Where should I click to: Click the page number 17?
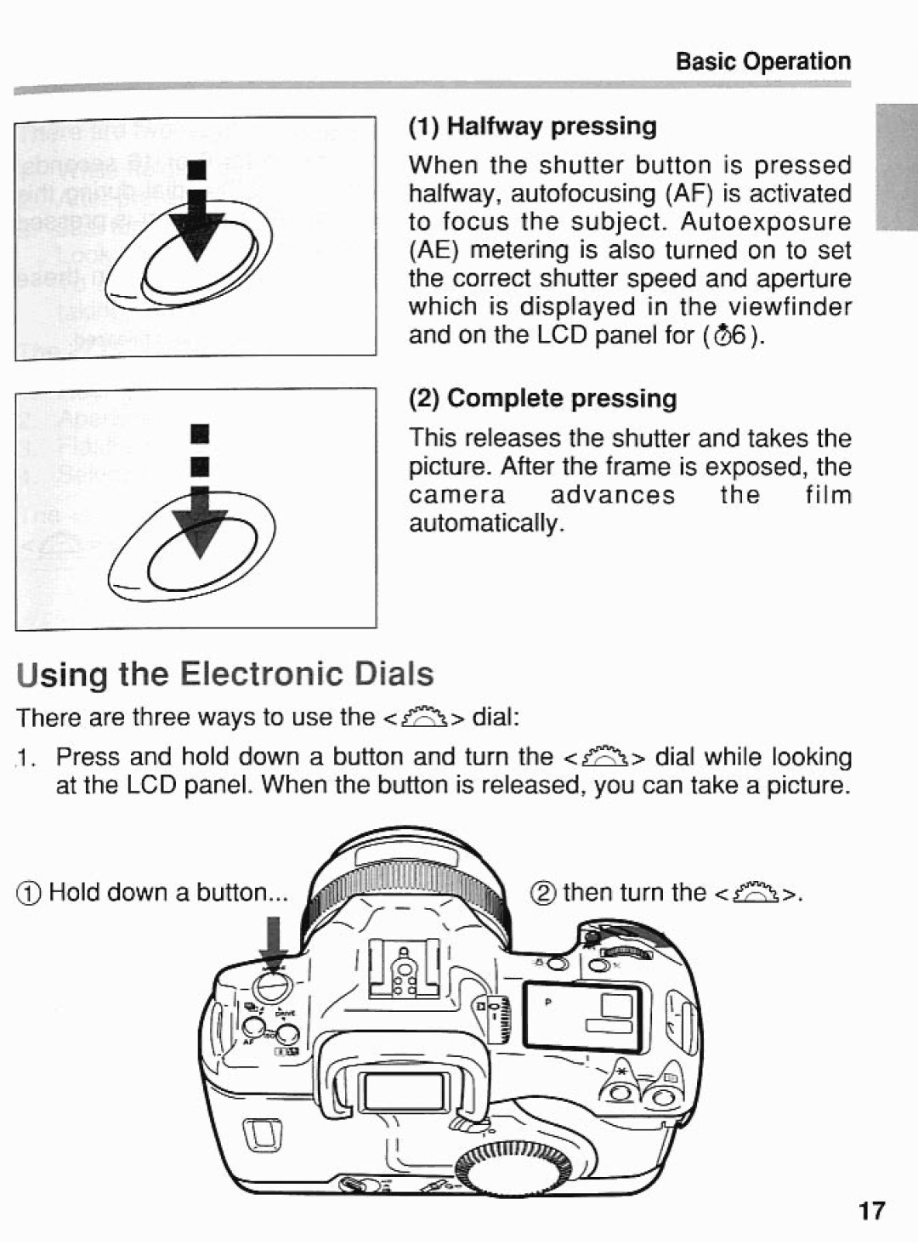(871, 1210)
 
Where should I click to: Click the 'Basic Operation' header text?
(762, 61)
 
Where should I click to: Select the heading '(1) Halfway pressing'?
(533, 127)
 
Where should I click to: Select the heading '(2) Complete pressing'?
(543, 399)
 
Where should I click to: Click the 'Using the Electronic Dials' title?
(225, 674)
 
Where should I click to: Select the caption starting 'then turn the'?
(669, 892)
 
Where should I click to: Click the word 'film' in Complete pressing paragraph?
(828, 495)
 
